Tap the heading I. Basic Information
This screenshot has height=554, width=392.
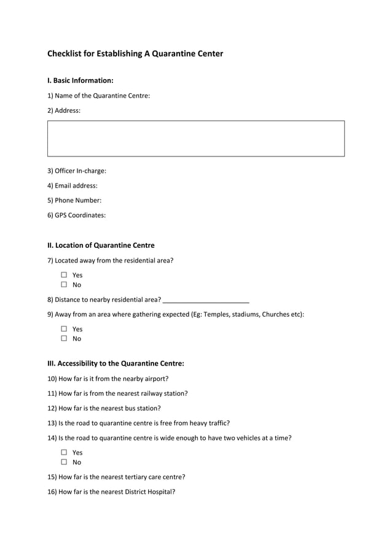click(x=80, y=80)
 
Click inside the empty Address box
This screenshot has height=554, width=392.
click(x=195, y=139)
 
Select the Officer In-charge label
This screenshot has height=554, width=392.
click(x=77, y=171)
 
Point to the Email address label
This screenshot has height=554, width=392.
click(x=73, y=185)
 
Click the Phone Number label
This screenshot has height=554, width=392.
click(x=74, y=200)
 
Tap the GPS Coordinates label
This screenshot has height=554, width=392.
click(x=77, y=215)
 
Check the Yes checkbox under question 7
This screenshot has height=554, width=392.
click(x=63, y=275)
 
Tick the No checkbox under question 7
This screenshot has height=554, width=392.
click(x=63, y=285)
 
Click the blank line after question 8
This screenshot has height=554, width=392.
click(x=206, y=300)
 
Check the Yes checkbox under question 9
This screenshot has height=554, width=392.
click(x=63, y=329)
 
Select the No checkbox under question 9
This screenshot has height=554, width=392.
click(x=63, y=339)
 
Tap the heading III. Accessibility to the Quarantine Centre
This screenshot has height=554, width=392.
click(x=116, y=363)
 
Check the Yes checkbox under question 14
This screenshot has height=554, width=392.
click(x=63, y=453)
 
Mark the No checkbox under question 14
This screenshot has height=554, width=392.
click(x=63, y=463)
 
